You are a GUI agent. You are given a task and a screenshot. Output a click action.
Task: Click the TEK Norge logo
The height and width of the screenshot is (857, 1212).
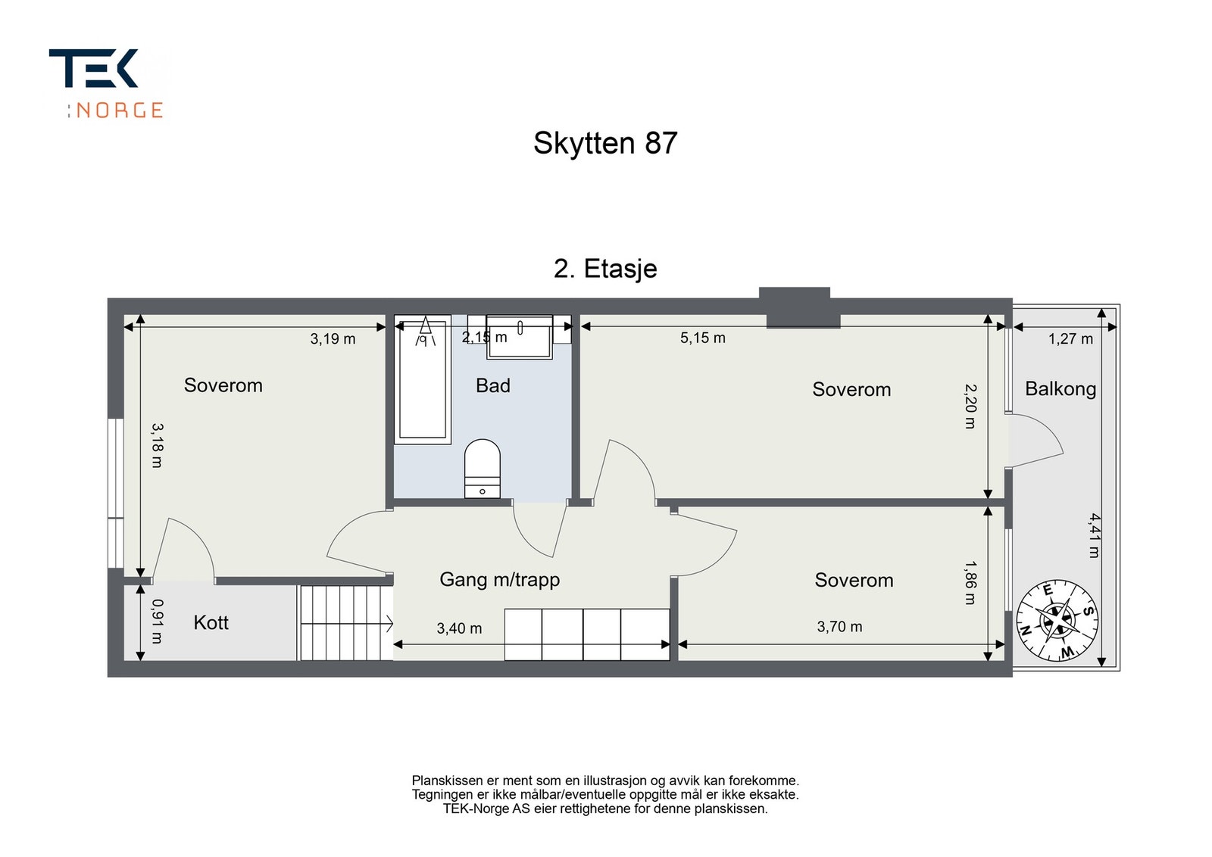(x=106, y=83)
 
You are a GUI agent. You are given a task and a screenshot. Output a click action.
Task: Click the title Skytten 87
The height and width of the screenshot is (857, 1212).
(x=605, y=143)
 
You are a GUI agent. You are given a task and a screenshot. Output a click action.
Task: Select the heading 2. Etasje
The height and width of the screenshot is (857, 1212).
(x=605, y=269)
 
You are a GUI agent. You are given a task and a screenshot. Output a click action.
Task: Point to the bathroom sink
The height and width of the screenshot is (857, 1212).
(x=520, y=335)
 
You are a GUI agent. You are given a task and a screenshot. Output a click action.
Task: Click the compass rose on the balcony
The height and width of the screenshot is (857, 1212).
(x=1057, y=620)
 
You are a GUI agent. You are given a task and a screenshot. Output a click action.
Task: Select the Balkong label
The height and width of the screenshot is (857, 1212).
(x=1060, y=389)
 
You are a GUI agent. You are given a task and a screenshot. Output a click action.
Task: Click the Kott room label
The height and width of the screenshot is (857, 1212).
(x=211, y=623)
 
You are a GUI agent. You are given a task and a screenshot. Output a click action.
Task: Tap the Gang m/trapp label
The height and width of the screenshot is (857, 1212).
(x=499, y=580)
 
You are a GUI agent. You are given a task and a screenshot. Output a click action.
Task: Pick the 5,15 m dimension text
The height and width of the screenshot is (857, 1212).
(x=702, y=338)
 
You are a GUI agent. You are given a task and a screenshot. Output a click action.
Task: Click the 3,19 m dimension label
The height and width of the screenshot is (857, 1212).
(x=333, y=339)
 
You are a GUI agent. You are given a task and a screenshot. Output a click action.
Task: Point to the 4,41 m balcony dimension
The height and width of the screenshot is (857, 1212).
(x=1095, y=535)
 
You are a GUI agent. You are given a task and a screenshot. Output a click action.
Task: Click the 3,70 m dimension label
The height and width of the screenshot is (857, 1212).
(x=839, y=627)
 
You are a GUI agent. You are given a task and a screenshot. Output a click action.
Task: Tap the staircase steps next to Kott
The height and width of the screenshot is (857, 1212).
(x=345, y=622)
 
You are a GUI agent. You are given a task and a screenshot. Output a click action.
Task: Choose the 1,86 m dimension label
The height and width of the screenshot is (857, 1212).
(x=970, y=582)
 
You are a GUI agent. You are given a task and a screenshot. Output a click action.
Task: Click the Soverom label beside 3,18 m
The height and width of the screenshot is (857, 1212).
(x=223, y=385)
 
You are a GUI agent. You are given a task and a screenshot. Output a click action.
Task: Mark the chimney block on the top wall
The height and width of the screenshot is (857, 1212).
(x=795, y=307)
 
